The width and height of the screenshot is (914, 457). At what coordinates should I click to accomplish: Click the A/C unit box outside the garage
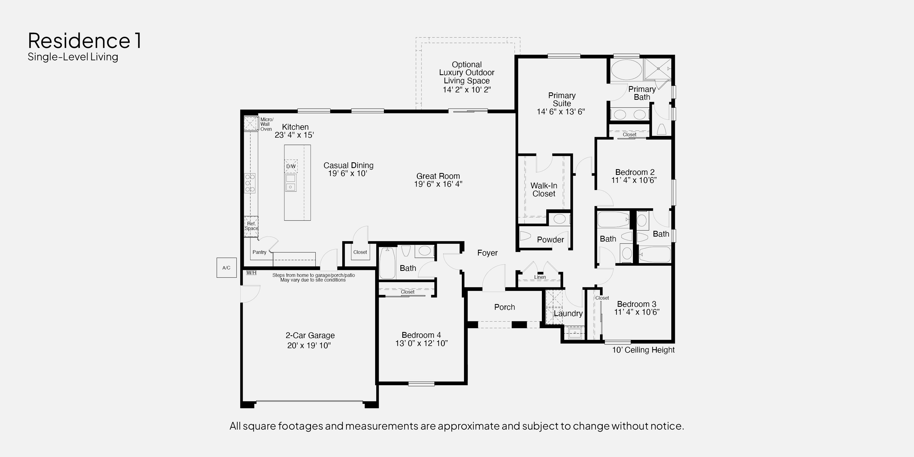(x=226, y=268)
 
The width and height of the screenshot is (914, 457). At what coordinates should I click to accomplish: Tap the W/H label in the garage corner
(x=251, y=273)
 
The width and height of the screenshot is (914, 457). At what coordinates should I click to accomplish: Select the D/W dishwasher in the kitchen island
(x=291, y=166)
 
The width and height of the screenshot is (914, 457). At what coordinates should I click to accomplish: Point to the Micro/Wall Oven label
(x=267, y=124)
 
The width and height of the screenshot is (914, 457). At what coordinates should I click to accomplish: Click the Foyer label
(x=487, y=253)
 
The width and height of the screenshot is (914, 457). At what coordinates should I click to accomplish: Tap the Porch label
(x=505, y=307)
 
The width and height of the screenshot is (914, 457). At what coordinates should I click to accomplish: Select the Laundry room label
(x=568, y=313)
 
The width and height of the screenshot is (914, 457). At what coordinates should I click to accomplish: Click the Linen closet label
(x=540, y=277)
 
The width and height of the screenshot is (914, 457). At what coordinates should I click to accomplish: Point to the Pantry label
(x=259, y=252)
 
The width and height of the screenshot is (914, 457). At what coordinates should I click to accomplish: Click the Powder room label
(x=550, y=240)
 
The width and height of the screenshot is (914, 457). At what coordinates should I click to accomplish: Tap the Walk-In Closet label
(x=544, y=190)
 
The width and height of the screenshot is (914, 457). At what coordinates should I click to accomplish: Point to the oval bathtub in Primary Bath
(x=626, y=70)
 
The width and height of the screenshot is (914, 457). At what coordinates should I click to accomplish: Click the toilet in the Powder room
(x=525, y=236)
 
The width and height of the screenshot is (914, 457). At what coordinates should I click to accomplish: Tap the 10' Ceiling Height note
(x=643, y=350)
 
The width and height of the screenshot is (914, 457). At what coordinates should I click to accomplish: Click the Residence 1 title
(x=85, y=41)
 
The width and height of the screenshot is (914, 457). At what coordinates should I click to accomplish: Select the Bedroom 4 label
(x=421, y=335)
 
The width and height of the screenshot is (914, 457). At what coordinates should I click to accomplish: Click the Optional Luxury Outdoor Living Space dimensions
(x=466, y=90)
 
